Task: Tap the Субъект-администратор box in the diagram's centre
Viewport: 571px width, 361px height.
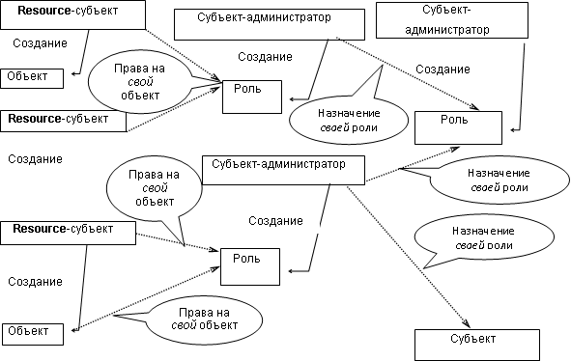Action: [285, 169]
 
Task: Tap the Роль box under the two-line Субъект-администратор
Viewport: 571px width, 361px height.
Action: [458, 126]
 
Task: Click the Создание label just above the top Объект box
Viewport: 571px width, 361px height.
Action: [40, 44]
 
